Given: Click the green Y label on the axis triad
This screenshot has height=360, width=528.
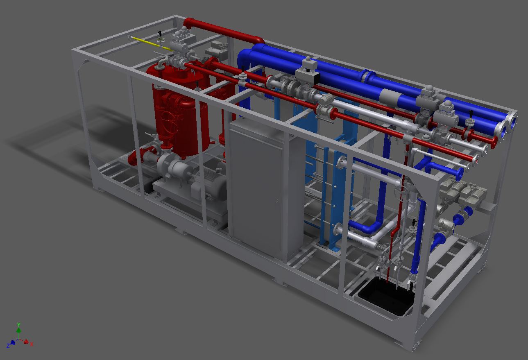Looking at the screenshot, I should click(19, 324).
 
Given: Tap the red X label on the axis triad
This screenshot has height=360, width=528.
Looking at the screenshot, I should click(32, 344).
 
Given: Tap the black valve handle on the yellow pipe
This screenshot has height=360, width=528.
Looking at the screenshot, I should click(160, 34).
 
